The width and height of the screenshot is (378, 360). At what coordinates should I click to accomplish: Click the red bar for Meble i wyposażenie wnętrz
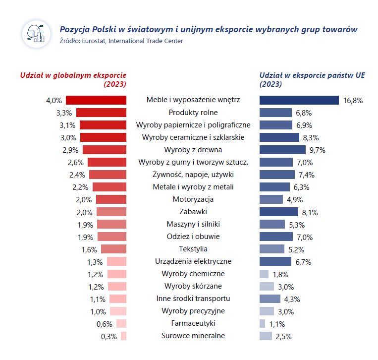pos(96,100)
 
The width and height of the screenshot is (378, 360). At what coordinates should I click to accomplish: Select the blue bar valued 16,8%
pos(299,100)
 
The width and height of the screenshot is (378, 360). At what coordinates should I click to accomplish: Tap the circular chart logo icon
pos(36,34)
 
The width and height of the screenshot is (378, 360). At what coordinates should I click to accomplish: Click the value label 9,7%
pos(317,150)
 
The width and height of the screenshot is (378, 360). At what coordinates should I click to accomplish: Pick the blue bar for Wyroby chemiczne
pos(264,274)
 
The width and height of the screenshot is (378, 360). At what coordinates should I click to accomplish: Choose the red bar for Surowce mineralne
pos(124,336)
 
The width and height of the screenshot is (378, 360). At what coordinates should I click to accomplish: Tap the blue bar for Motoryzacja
pos(271,199)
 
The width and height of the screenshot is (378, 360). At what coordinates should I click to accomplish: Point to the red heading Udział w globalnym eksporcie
pos(73,75)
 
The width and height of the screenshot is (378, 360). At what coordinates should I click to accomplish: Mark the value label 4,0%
pos(54,101)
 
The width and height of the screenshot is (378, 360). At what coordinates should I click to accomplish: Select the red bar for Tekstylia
pos(113,249)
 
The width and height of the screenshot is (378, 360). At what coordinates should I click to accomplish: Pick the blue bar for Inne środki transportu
pos(270,299)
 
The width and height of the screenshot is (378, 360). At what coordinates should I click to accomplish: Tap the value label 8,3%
pos(310,138)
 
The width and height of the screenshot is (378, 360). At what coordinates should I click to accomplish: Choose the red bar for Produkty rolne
pos(101,113)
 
